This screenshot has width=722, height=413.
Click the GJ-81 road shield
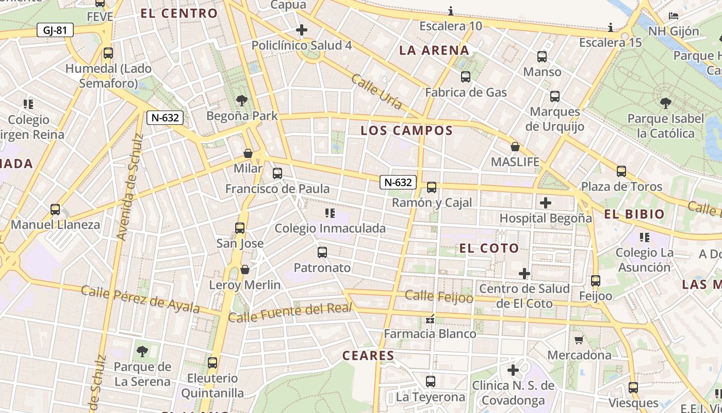(x=55, y=30)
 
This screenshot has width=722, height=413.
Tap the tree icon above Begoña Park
(x=241, y=101)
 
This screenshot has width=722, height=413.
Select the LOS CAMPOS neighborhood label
(x=406, y=131)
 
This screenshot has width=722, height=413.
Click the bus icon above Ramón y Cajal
(x=432, y=187)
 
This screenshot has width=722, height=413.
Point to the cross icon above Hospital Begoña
(x=546, y=203)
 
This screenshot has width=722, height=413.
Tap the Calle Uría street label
(x=376, y=91)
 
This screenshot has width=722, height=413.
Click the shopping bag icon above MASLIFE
(x=515, y=147)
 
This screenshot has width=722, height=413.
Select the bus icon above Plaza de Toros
(x=621, y=171)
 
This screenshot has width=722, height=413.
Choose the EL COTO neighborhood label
(x=489, y=248)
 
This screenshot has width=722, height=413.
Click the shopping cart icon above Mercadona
(x=579, y=340)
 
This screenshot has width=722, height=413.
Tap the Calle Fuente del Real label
(x=290, y=313)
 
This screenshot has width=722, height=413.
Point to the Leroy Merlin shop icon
(x=245, y=270)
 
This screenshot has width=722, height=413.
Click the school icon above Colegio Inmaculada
(x=330, y=213)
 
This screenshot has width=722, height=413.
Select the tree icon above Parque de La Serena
(x=142, y=352)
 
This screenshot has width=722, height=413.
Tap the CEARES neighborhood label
(x=368, y=356)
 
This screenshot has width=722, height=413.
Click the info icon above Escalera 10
(x=451, y=11)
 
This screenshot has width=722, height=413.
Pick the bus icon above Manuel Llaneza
(x=55, y=210)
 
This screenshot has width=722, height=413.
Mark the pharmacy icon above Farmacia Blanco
(x=430, y=319)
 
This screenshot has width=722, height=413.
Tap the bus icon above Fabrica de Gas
(x=466, y=77)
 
